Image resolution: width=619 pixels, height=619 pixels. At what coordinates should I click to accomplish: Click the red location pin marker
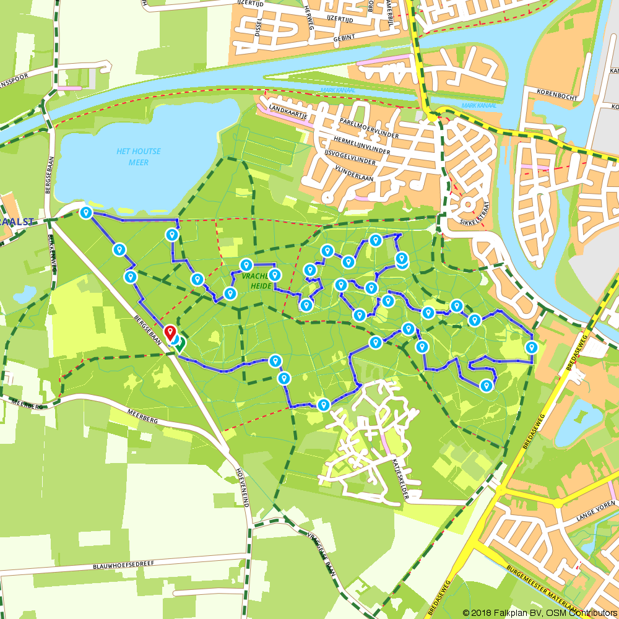170,332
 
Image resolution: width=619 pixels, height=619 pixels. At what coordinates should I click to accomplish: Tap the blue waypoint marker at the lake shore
86,212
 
